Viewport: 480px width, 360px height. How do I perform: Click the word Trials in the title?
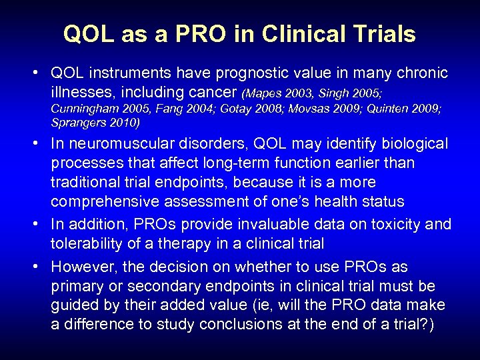382,34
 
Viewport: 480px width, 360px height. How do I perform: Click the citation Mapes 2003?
273,92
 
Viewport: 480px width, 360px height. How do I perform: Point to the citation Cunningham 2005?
90,108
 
